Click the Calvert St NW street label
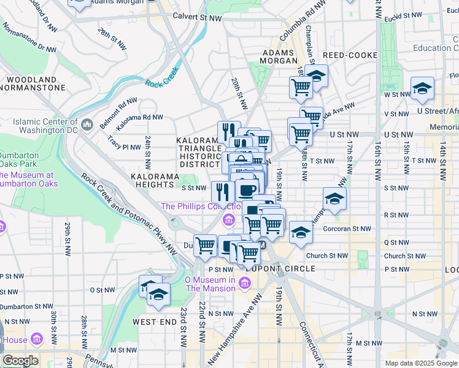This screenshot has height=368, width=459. [197, 18]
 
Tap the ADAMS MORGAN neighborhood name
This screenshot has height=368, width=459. [279, 57]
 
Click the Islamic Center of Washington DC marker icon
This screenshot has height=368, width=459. [87, 125]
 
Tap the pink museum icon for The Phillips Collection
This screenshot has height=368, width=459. [228, 219]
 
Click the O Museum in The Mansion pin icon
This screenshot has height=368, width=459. [244, 283]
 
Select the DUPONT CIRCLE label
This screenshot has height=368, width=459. [279, 269]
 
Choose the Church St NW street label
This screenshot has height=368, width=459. [327, 256]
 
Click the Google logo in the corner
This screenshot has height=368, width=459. [20, 360]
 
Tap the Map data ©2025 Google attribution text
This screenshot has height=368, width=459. [421, 363]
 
